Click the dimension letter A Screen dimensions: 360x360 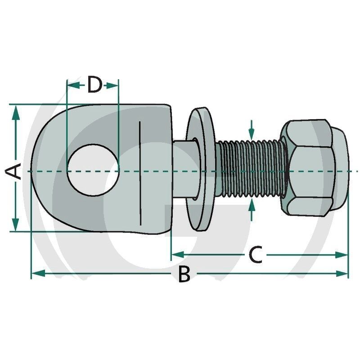tap(13, 171)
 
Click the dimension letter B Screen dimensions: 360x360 tap(184, 274)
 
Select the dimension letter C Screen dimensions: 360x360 tap(255, 255)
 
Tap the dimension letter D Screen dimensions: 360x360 tap(94, 85)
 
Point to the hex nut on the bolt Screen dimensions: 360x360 tap(314, 168)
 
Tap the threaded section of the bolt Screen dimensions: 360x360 tap(250, 169)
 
